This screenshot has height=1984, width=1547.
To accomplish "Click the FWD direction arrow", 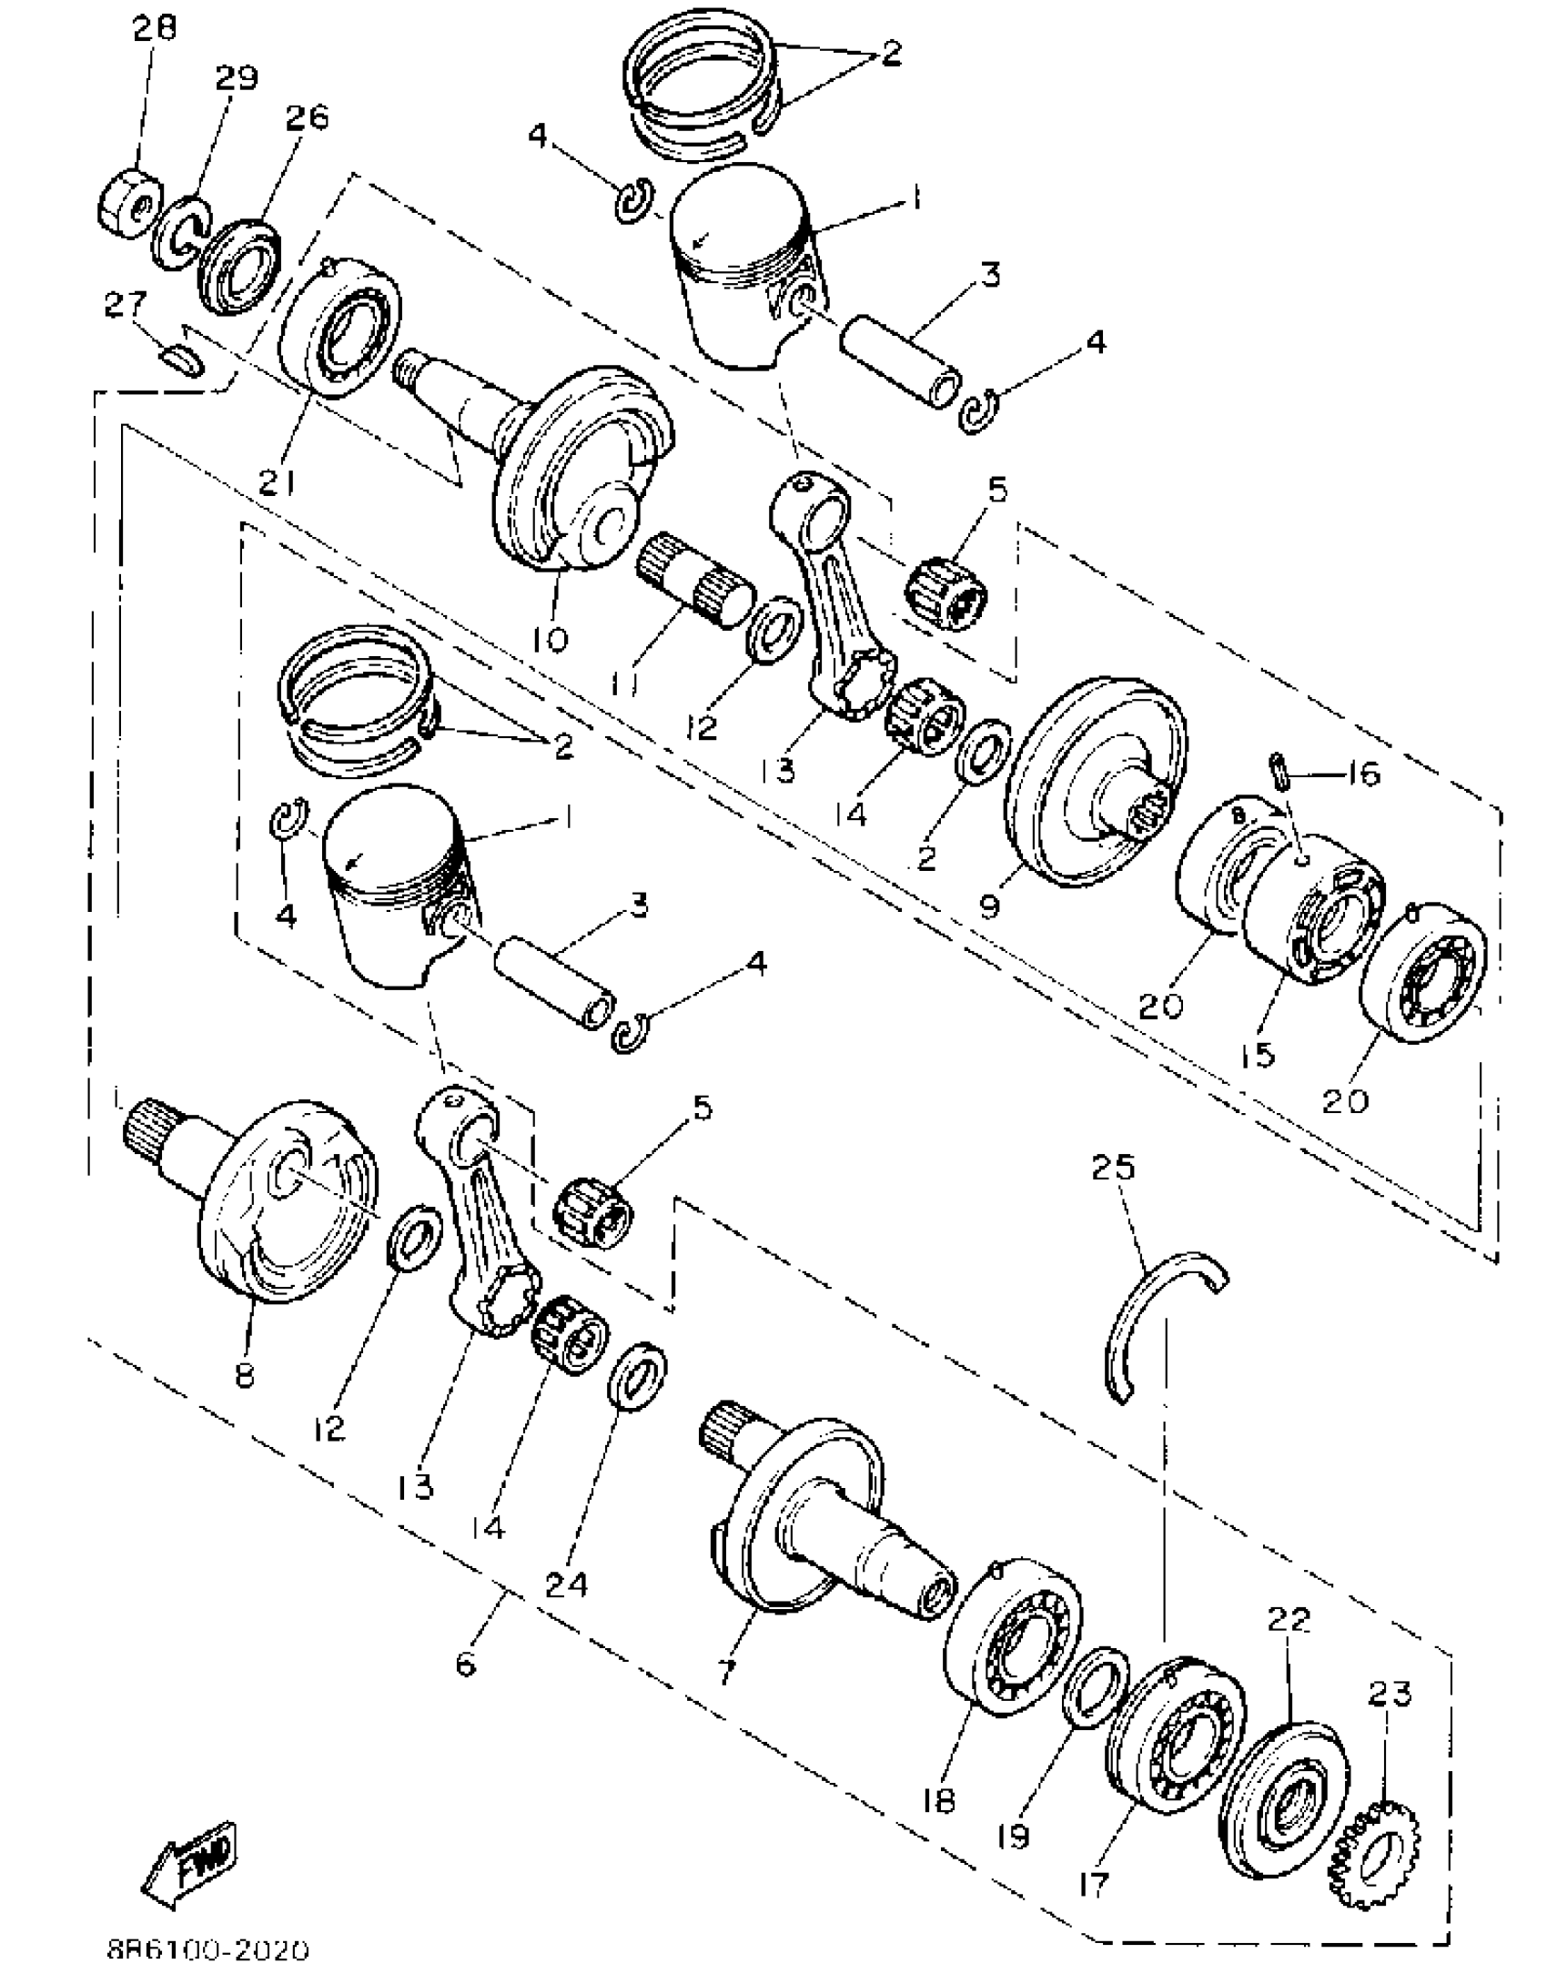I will coord(189,1863).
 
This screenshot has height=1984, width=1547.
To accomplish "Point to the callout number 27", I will coord(126,305).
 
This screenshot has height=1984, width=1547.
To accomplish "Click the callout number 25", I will coord(1114,1168).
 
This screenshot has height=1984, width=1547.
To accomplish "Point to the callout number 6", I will coord(465,1665).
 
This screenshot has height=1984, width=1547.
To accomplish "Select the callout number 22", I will coord(1288,1620).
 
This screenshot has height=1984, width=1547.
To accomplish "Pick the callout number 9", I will coord(990,906).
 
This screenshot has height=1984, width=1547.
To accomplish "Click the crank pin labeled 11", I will coord(696,581).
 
